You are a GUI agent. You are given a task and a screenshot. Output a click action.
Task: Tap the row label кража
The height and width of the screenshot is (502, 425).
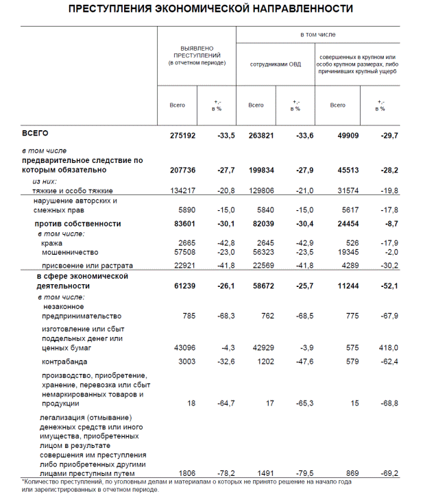click(51, 243)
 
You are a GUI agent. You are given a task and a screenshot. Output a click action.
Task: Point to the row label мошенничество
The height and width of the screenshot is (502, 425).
click(67, 253)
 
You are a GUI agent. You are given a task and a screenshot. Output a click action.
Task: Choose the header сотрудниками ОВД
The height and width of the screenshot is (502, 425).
click(275, 66)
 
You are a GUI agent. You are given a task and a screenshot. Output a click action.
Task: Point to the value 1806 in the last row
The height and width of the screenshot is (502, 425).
click(187, 473)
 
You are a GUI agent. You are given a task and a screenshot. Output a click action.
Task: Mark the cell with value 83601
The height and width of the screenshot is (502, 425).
click(183, 224)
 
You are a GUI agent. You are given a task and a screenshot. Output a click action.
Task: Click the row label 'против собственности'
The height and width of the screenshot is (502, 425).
click(77, 224)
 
